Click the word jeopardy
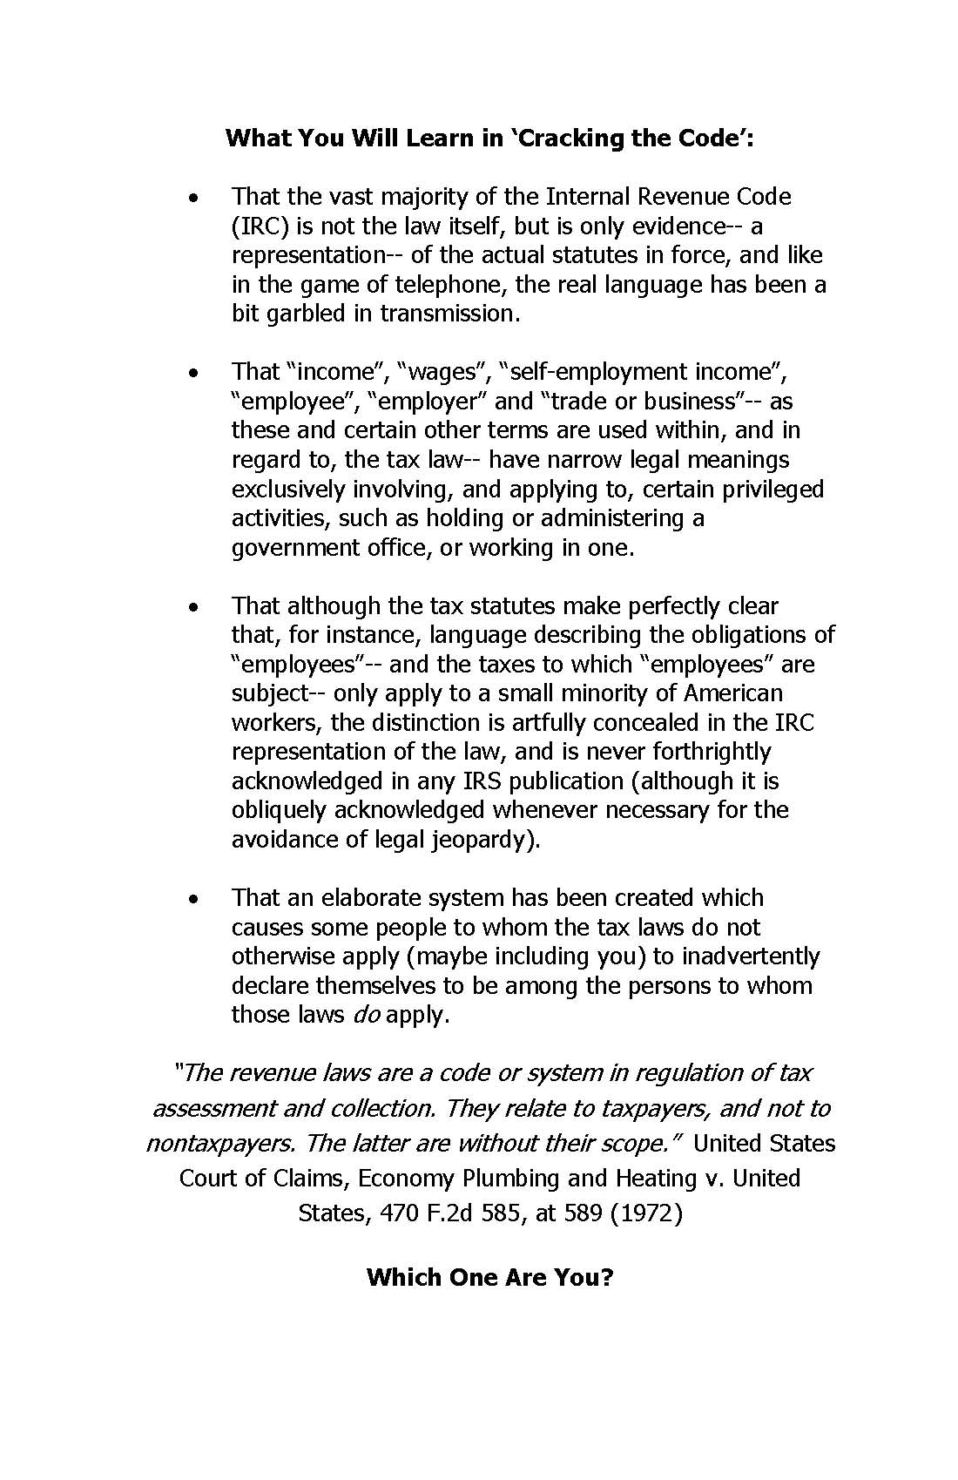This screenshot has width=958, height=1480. click(x=482, y=840)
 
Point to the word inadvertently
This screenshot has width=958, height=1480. click(x=751, y=956)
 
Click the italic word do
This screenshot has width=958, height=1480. click(x=366, y=1015)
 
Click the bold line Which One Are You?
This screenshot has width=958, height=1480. click(x=490, y=1277)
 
